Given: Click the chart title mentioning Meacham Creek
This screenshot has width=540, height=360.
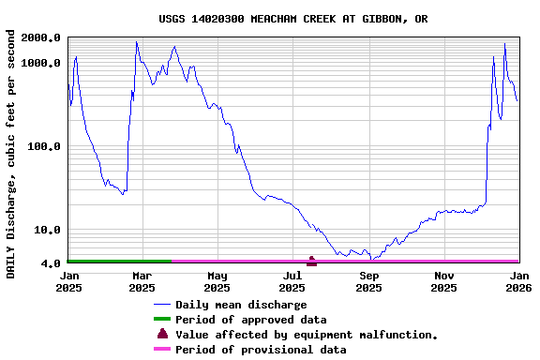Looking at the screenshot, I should pyautogui.click(x=293, y=19).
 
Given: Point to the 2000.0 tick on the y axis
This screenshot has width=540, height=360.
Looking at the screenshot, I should pyautogui.click(x=41, y=37).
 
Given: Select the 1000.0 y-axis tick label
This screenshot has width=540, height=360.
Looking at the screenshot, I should pyautogui.click(x=41, y=63).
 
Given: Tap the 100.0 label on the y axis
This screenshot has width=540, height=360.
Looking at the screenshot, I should pyautogui.click(x=45, y=147).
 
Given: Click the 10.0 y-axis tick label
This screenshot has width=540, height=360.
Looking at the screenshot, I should pyautogui.click(x=49, y=231).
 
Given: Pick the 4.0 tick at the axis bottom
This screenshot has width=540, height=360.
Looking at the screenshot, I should pyautogui.click(x=52, y=264).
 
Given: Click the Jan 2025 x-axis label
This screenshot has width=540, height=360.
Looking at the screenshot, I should pyautogui.click(x=69, y=281).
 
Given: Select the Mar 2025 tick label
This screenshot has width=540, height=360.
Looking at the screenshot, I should pyautogui.click(x=142, y=281).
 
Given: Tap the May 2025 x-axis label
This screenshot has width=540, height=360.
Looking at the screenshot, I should pyautogui.click(x=217, y=281).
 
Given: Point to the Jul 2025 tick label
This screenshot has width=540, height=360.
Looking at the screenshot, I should pyautogui.click(x=292, y=281).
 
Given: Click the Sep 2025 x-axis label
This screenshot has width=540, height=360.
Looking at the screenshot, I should pyautogui.click(x=369, y=281).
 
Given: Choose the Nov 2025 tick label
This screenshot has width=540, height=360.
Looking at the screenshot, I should pyautogui.click(x=444, y=281).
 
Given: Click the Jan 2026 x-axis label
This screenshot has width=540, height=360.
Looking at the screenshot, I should pyautogui.click(x=518, y=281).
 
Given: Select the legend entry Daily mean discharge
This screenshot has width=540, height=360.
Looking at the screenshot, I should pyautogui.click(x=241, y=305).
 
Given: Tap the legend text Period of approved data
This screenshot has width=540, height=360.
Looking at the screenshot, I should pyautogui.click(x=250, y=320).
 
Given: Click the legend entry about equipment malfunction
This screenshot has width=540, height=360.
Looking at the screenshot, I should pyautogui.click(x=307, y=335).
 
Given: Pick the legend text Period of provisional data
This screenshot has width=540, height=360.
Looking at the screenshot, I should pyautogui.click(x=261, y=350).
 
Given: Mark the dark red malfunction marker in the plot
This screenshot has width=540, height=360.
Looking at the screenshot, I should pyautogui.click(x=311, y=261).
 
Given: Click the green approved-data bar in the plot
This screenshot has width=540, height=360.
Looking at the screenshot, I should pyautogui.click(x=119, y=262).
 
